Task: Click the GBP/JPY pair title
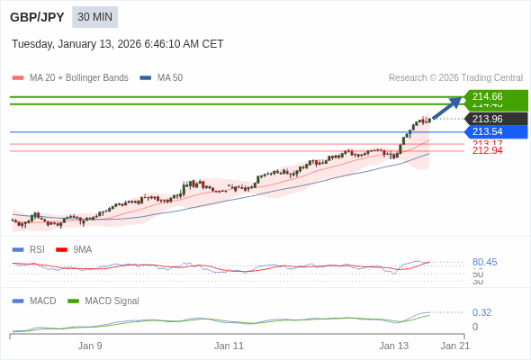(38, 17)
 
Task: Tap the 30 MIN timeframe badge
(94, 17)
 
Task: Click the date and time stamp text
(117, 44)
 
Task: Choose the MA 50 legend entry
(162, 78)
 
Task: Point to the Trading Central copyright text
(455, 78)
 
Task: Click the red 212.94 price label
(487, 151)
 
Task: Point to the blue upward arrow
(447, 108)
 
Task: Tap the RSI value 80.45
(484, 263)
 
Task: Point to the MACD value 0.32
(481, 313)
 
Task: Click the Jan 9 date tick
(90, 346)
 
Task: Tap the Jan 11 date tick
(229, 346)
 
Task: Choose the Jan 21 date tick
(454, 346)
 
